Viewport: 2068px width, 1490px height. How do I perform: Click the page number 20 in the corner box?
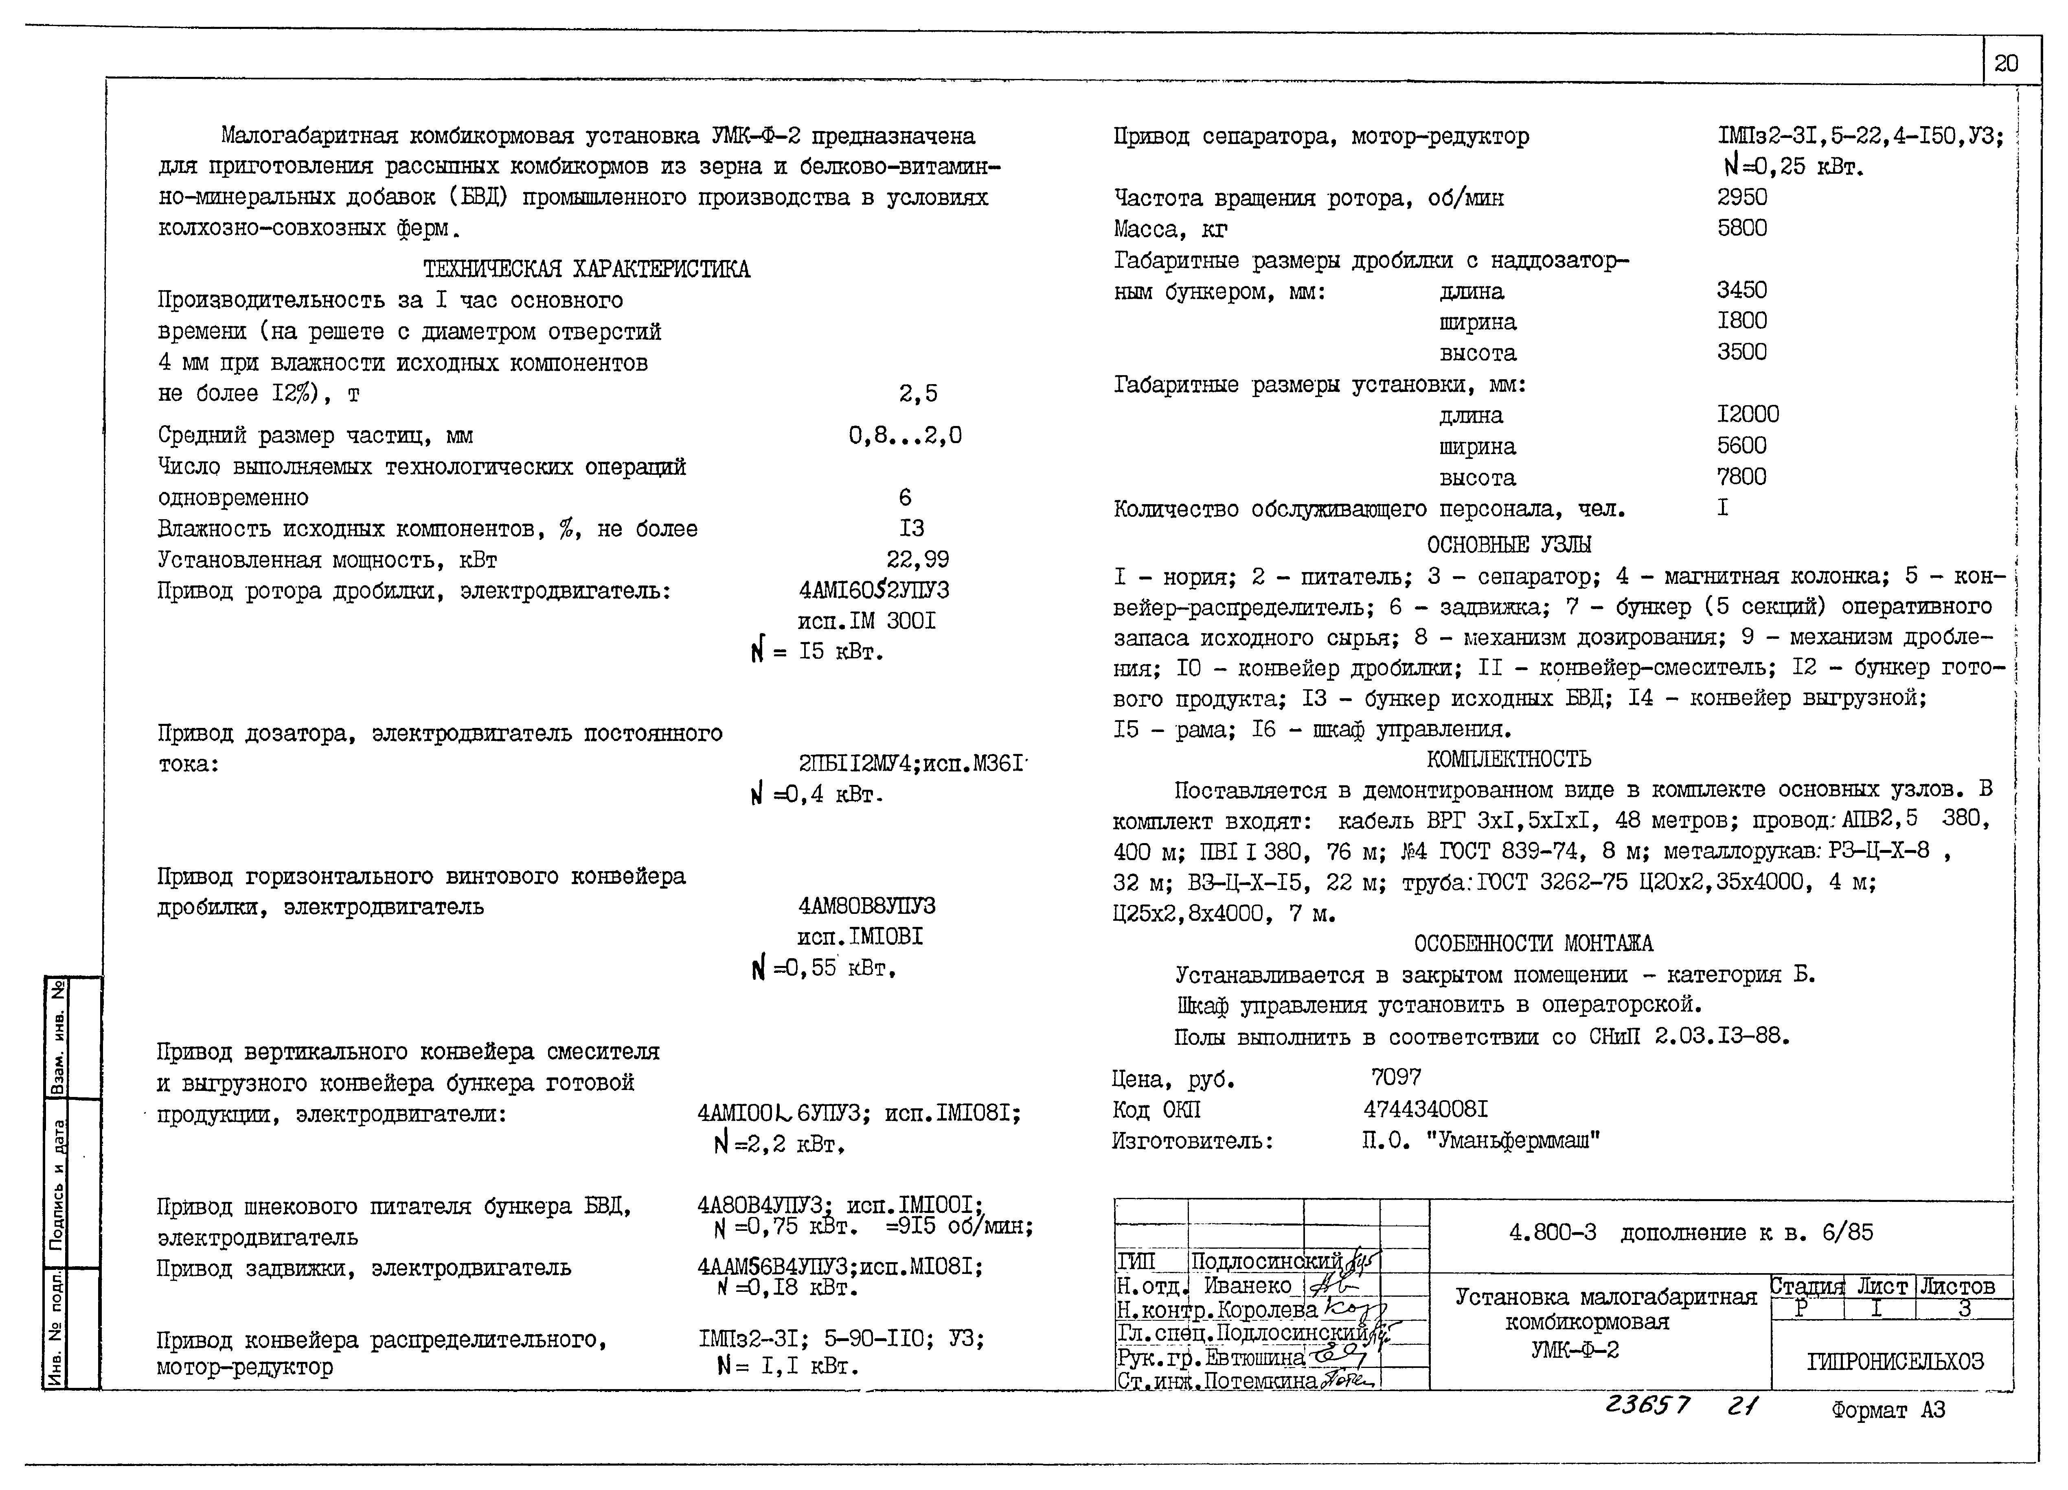tap(2006, 63)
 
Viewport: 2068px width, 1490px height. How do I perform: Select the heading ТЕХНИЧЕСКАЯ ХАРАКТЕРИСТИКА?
tap(586, 269)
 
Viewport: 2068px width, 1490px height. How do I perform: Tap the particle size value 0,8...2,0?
tap(905, 436)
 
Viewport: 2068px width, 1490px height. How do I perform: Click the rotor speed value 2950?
tap(1741, 197)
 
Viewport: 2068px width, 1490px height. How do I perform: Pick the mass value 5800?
tap(1741, 228)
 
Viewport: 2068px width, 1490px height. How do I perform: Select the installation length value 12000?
tap(1747, 415)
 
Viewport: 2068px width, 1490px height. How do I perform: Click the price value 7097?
tap(1395, 1077)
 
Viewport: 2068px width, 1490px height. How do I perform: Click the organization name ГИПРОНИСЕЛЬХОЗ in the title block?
tap(1895, 1361)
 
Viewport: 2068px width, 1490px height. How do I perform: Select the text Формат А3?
tap(1888, 1410)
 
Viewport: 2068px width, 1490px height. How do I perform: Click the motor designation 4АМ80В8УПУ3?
tap(866, 907)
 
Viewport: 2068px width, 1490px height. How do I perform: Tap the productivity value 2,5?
tap(917, 394)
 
